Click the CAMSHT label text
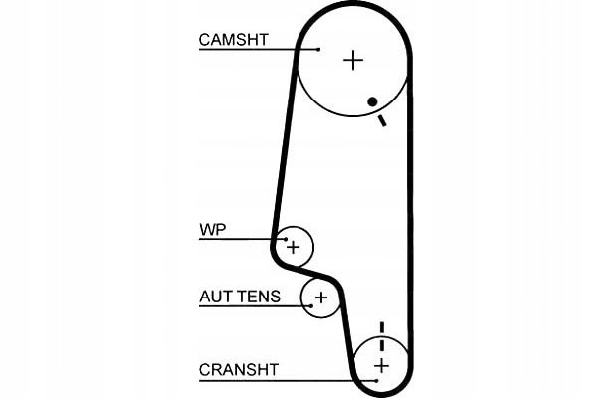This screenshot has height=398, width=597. [234, 41]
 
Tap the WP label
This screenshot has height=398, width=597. [213, 230]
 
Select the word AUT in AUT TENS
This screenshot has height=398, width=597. [216, 297]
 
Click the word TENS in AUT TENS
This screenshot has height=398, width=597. [259, 297]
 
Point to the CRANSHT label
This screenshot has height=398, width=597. [239, 370]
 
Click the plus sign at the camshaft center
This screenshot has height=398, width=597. [353, 60]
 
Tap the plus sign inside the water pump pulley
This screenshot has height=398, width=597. [293, 244]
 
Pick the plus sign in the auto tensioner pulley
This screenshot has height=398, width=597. [320, 297]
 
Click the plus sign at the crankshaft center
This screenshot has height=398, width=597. [380, 366]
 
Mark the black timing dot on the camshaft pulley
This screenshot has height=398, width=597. [371, 101]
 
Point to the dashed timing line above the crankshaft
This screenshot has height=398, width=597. [381, 334]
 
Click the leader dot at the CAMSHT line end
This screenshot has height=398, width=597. [318, 49]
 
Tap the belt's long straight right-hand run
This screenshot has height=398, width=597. [410, 219]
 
